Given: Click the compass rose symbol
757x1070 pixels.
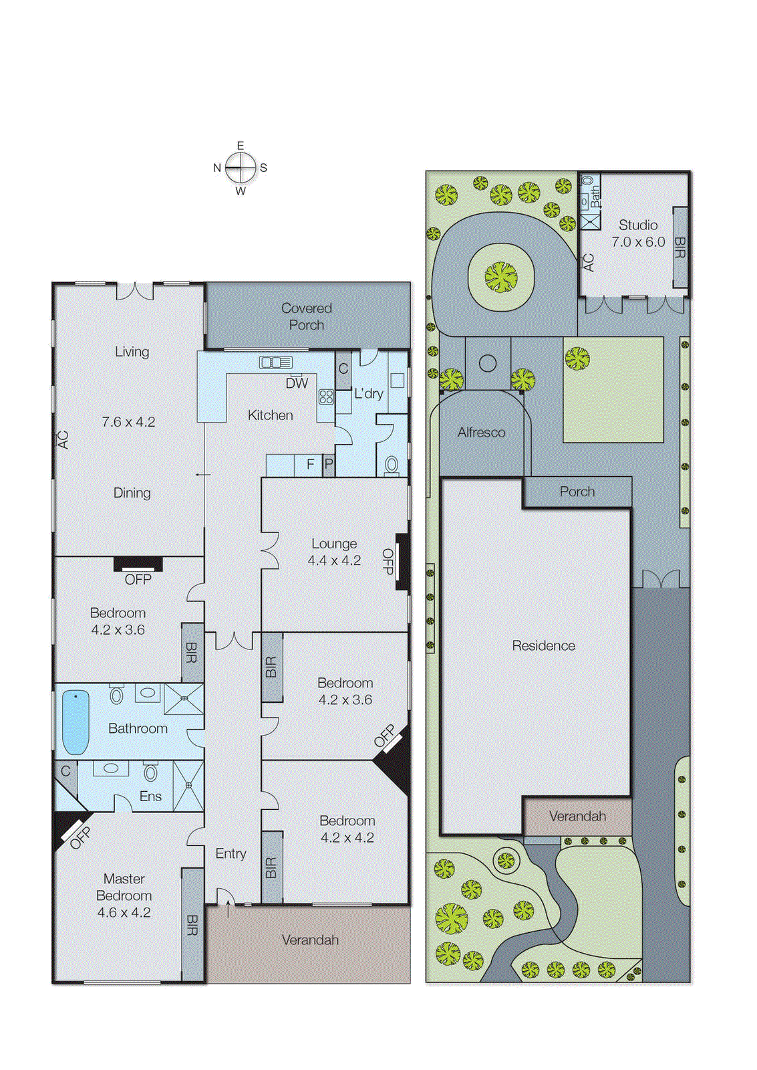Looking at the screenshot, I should coord(241,168).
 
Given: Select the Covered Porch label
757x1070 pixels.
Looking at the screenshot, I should coord(307,316).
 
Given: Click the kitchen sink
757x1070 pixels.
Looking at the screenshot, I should coord(276,362).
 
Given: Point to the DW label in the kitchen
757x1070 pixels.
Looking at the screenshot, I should coord(297,383).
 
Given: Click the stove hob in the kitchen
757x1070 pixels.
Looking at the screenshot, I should coord(326,397).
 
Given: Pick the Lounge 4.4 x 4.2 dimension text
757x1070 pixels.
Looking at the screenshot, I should coord(334,560).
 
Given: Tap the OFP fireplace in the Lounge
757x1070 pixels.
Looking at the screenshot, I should coord(402,561).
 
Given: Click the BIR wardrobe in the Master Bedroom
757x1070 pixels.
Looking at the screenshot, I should coord(192,925).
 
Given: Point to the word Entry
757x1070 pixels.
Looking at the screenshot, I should coord(231,853).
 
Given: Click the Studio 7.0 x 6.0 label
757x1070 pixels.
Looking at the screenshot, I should coord(638,233).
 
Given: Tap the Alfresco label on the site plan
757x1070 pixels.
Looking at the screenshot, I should coord(481,433).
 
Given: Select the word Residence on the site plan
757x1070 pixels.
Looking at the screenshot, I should coord(543,645).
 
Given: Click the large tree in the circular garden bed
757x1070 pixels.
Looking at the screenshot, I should coord(501,277).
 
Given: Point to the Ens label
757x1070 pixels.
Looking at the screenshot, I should coord(150,796).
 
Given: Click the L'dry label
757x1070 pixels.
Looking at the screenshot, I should coord(369,393).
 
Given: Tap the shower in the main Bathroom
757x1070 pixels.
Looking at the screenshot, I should coord(184,699).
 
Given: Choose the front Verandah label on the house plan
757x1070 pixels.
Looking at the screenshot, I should coord(310,940).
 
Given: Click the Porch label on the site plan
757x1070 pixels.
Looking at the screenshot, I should coord(577,492).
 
